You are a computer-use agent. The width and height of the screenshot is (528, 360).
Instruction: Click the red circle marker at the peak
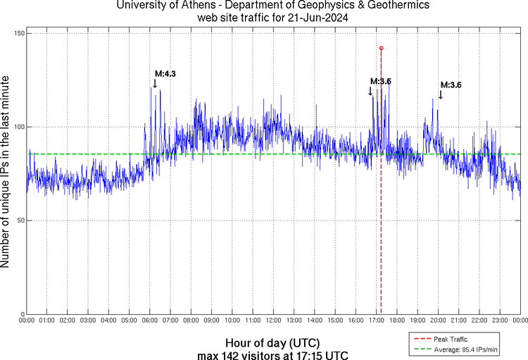click(x=381, y=48)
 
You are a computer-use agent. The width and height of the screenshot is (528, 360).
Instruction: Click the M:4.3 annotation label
click(x=165, y=73)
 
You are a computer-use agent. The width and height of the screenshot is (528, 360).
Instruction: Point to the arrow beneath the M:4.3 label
click(x=155, y=83)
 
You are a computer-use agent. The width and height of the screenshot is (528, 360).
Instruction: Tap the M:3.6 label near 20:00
click(x=451, y=85)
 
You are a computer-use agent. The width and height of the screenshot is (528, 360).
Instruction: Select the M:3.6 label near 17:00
click(x=380, y=82)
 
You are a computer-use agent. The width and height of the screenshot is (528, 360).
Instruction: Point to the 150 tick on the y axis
click(x=18, y=34)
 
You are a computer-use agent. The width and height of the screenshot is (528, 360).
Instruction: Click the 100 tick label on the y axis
click(x=18, y=128)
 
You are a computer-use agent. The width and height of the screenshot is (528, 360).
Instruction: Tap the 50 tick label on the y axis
click(x=20, y=221)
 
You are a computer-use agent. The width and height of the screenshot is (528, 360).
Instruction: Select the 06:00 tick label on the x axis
click(x=150, y=321)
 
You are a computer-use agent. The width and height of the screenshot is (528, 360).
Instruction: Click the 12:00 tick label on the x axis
click(x=273, y=321)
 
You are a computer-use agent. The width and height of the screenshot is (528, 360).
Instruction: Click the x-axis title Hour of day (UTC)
click(x=272, y=342)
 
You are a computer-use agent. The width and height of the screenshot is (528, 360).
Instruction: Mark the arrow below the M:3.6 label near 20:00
click(x=440, y=94)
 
